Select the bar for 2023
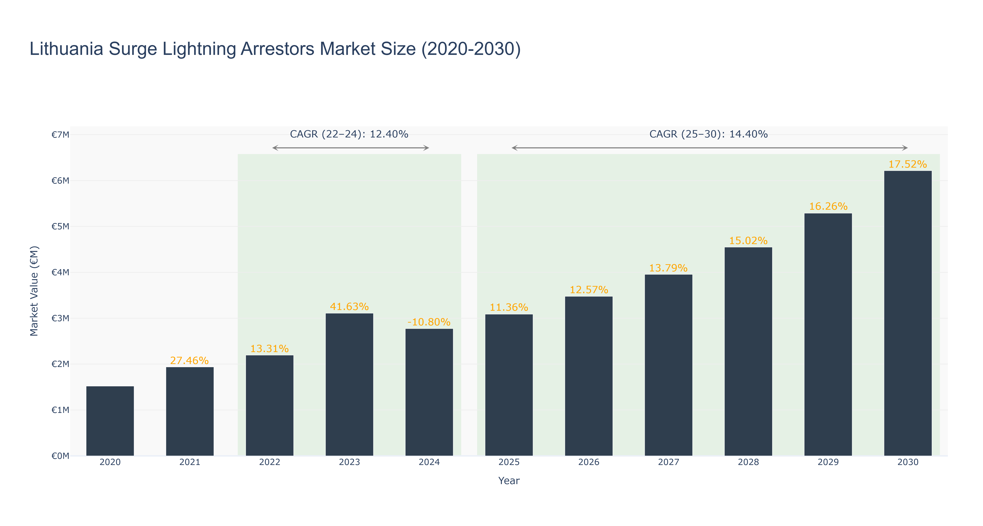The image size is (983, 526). click(349, 385)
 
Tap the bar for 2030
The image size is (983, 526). click(908, 313)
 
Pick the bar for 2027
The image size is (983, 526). click(669, 365)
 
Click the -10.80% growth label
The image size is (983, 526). click(429, 322)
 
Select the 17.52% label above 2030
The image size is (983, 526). click(908, 164)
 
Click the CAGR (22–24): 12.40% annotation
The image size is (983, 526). click(349, 134)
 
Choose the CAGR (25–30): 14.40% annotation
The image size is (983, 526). click(709, 134)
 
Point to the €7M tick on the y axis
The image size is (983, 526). click(60, 134)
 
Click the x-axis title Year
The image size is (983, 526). click(509, 481)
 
